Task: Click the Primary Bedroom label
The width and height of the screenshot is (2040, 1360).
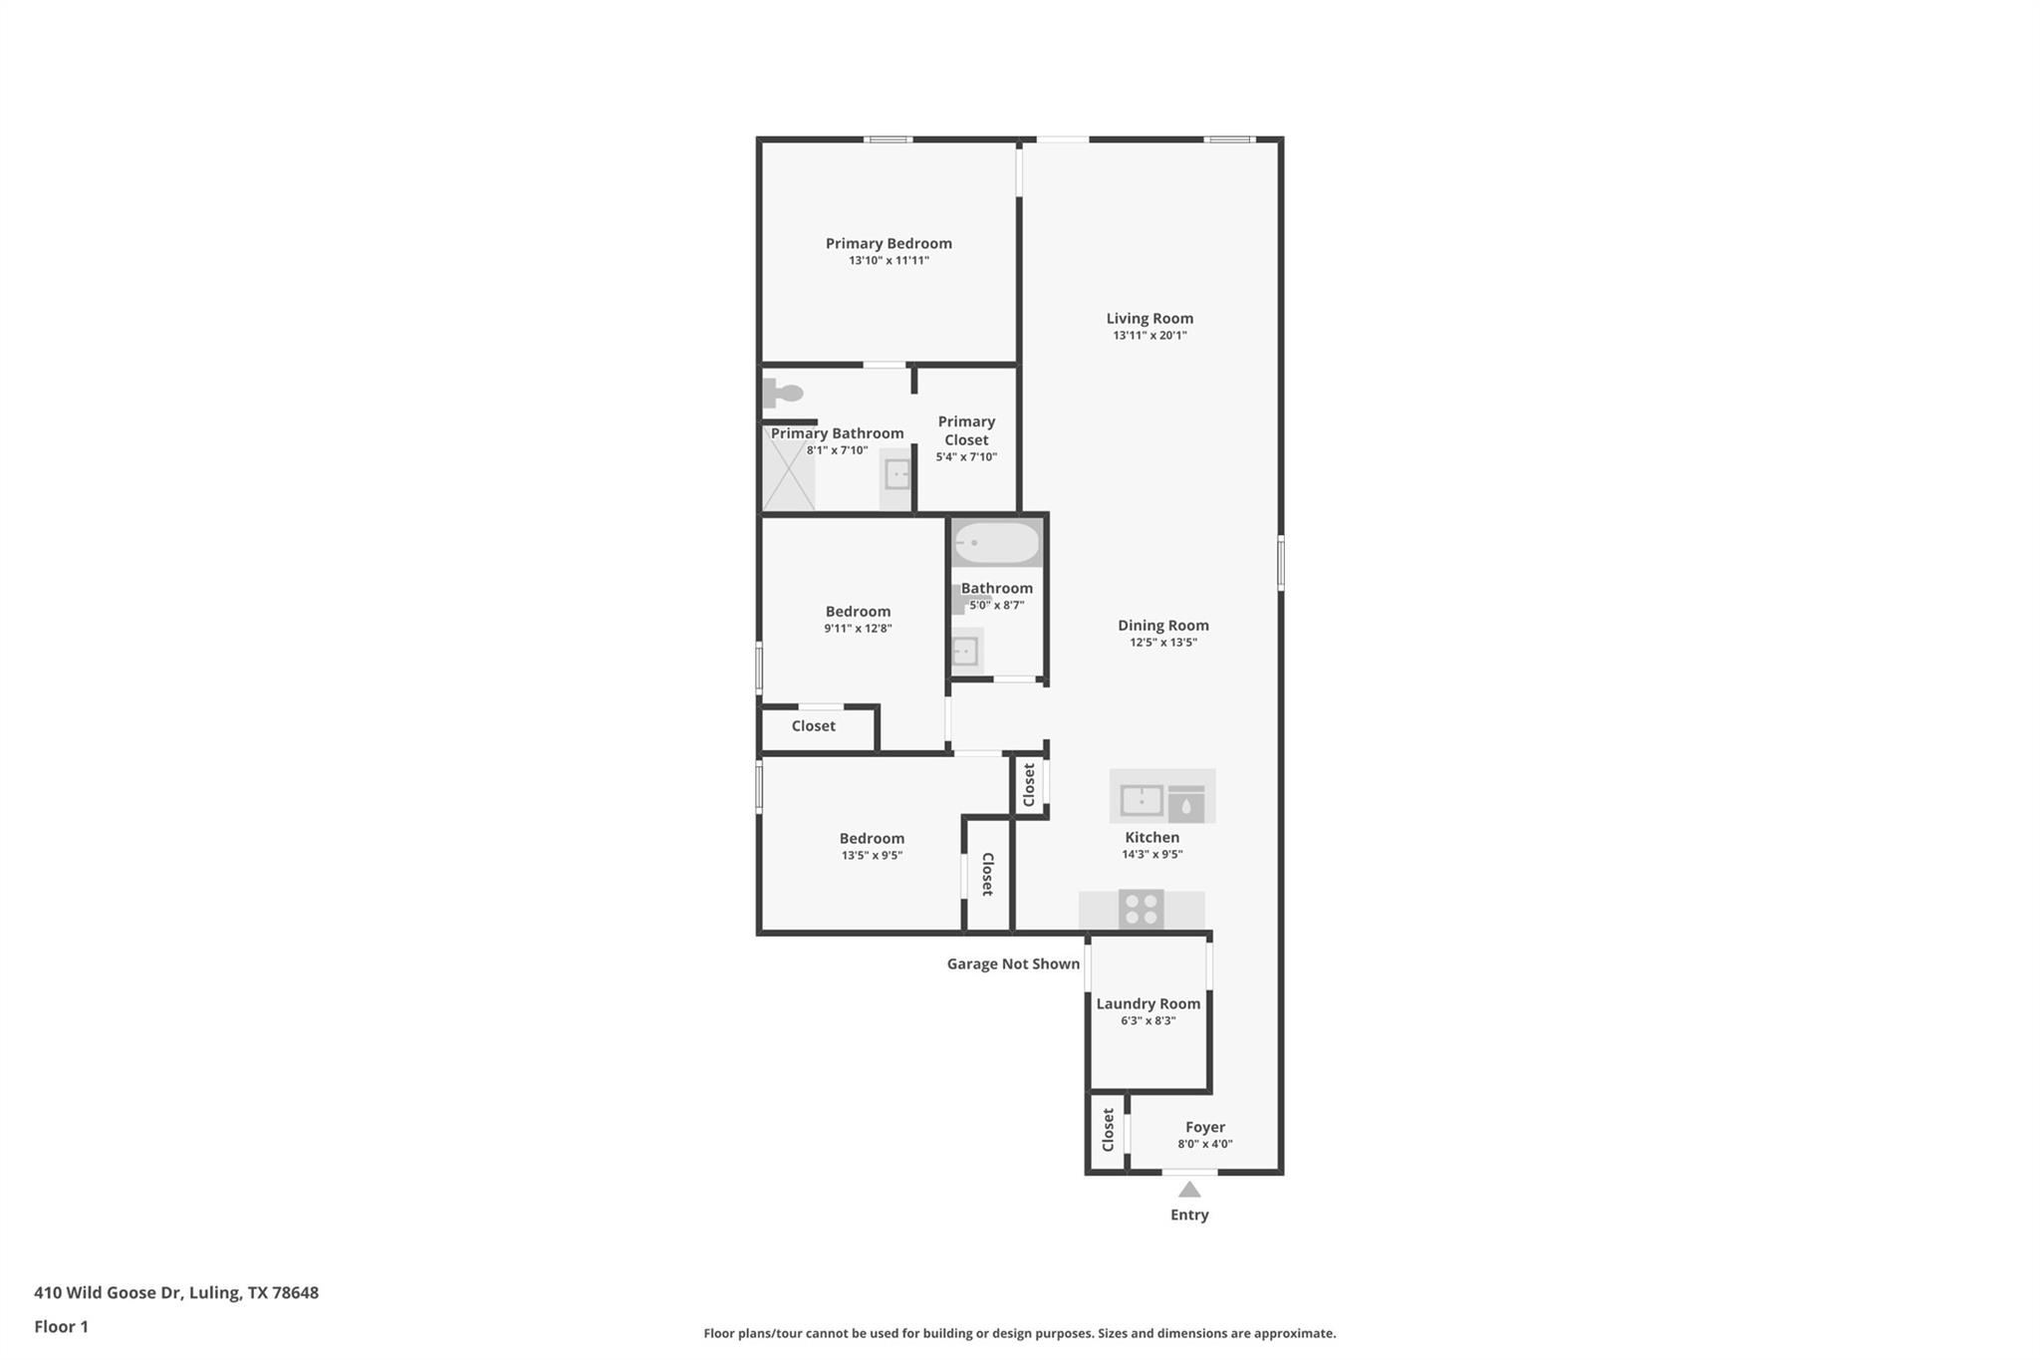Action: [889, 243]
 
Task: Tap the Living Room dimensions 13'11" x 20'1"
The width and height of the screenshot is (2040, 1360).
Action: [1149, 336]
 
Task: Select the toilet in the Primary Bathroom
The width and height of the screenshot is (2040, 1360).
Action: [784, 393]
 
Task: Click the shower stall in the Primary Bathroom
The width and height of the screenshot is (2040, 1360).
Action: [789, 477]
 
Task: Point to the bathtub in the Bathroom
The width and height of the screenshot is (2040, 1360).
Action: [997, 543]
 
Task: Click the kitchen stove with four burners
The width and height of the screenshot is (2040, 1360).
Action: [1141, 909]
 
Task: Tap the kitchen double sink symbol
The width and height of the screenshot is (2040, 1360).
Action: [1142, 799]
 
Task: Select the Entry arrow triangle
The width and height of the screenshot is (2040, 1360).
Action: [1189, 1189]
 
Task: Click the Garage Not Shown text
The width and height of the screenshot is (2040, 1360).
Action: [1013, 963]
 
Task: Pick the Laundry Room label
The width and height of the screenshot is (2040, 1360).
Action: [1148, 1003]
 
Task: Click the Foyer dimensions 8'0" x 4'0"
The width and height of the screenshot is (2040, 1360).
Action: [1205, 1144]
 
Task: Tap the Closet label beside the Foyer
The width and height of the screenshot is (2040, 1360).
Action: [1108, 1131]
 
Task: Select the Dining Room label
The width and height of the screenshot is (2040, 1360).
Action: [1162, 626]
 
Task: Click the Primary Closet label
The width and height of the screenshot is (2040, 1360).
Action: [966, 430]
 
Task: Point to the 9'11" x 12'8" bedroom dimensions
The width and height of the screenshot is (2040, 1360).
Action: [858, 629]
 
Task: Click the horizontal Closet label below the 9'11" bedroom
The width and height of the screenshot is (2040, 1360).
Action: [813, 725]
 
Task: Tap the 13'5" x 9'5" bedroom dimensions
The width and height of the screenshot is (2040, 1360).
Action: [872, 855]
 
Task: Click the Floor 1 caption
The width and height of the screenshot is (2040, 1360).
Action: [61, 1326]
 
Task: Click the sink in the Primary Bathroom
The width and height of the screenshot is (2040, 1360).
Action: [897, 475]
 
